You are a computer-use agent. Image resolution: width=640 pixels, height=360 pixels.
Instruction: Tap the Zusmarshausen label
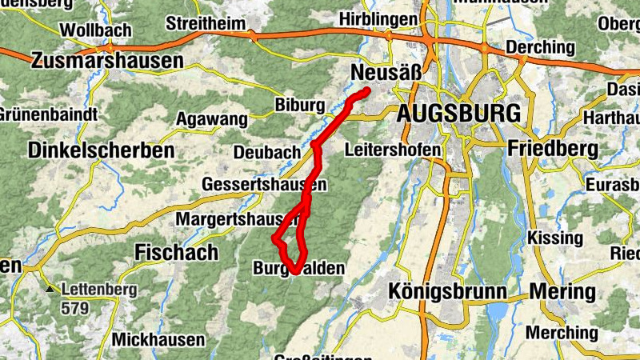(x=106, y=60)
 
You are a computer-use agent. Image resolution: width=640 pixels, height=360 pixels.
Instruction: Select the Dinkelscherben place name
(x=101, y=150)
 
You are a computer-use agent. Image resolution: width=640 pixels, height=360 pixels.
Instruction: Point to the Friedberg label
(x=553, y=148)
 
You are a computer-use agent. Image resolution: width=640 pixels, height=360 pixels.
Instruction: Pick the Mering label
(x=563, y=291)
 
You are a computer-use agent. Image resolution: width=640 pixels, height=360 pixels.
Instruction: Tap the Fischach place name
(x=177, y=253)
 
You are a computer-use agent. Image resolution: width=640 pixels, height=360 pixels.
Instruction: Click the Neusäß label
(x=386, y=74)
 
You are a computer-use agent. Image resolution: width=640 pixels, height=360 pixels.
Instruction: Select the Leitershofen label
(x=393, y=150)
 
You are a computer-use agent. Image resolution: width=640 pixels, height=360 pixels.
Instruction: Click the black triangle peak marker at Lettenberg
(x=50, y=289)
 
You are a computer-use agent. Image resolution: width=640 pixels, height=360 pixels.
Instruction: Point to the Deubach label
(x=266, y=152)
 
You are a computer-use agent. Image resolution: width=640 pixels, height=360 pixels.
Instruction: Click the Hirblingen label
(x=378, y=18)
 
